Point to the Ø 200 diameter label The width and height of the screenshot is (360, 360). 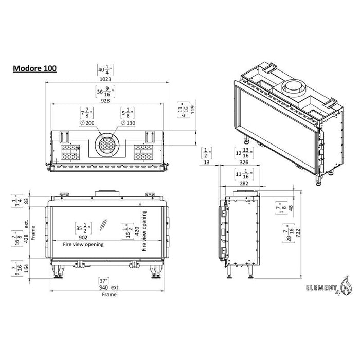(x=88, y=123)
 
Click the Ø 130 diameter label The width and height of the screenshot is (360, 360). (x=129, y=123)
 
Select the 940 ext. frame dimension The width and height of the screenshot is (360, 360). (x=109, y=287)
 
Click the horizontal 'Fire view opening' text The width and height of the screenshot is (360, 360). (x=83, y=245)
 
